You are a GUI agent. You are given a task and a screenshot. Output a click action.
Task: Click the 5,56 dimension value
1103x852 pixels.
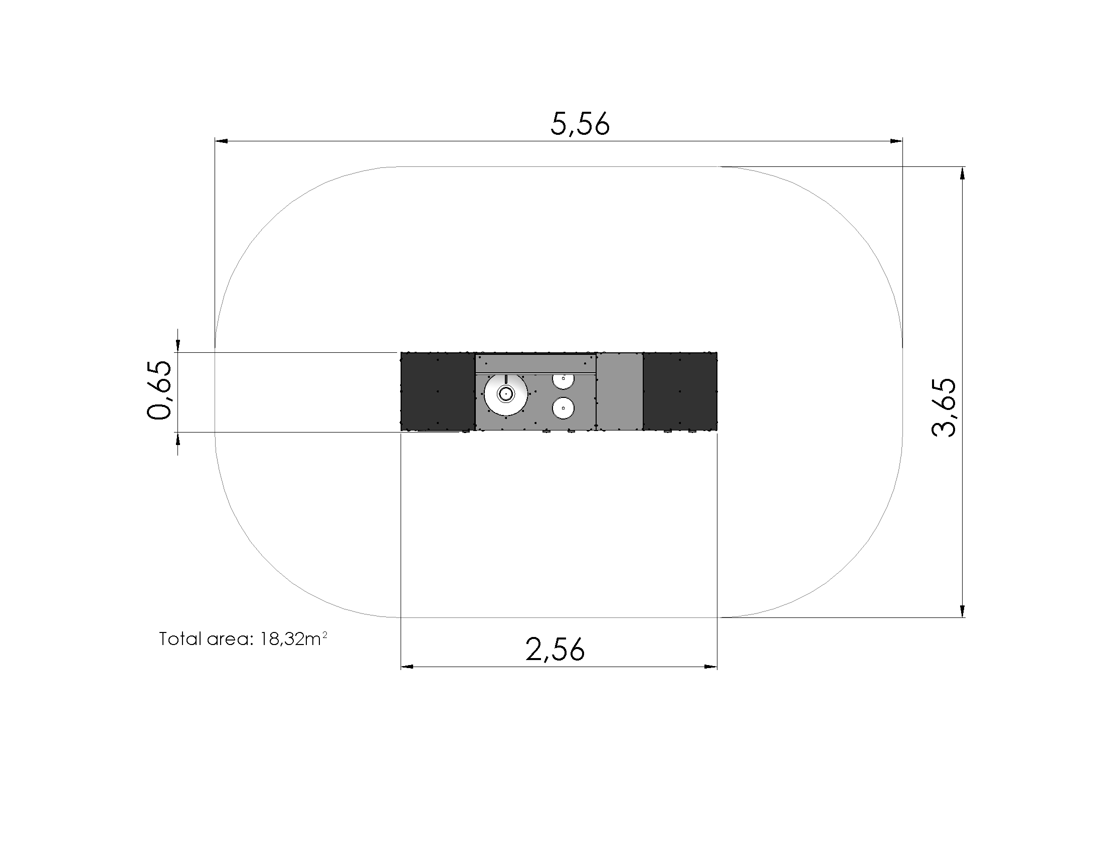580,124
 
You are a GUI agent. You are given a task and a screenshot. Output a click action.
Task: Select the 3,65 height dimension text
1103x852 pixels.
944,407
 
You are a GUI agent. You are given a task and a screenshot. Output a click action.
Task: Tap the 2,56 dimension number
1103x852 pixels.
555,649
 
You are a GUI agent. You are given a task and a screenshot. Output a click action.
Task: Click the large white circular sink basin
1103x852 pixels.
505,394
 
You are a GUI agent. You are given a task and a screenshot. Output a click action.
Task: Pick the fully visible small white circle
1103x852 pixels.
563,408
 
